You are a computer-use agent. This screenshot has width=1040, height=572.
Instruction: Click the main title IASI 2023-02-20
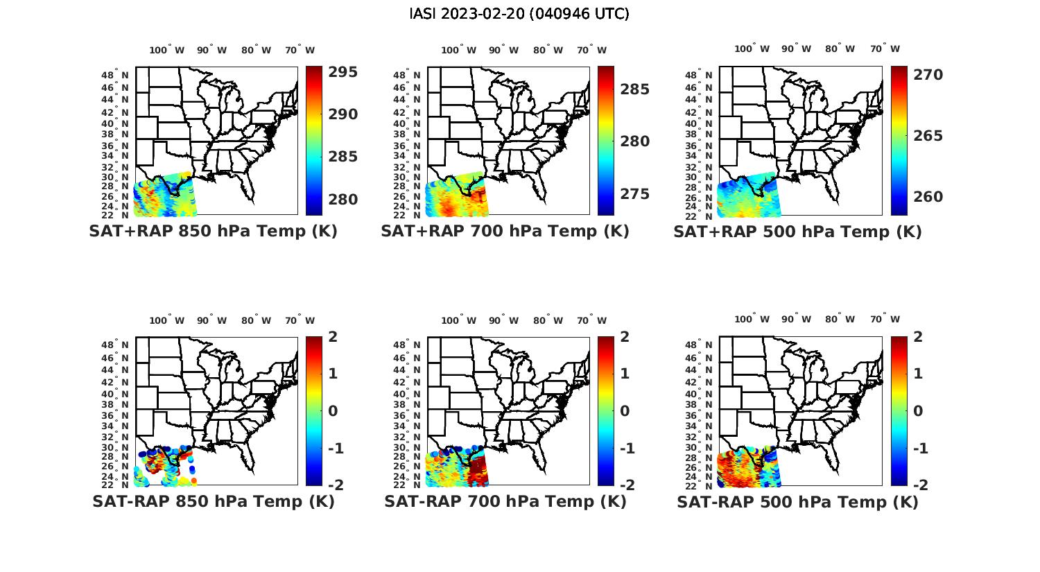pyautogui.click(x=519, y=14)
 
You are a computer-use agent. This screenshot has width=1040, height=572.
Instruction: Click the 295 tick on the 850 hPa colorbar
pyautogui.click(x=343, y=72)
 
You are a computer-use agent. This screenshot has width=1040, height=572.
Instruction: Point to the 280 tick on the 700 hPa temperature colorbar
pyautogui.click(x=634, y=141)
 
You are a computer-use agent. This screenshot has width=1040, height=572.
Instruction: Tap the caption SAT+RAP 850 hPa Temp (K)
pyautogui.click(x=213, y=232)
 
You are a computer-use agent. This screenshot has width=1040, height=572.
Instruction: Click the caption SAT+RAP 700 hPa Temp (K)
pyautogui.click(x=505, y=232)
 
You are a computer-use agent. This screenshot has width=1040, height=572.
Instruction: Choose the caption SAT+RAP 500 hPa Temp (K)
pyautogui.click(x=797, y=232)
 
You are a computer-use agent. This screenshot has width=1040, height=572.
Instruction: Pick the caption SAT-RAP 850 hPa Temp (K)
pyautogui.click(x=213, y=501)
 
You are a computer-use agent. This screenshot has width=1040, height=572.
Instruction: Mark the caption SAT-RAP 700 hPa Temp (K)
pyautogui.click(x=505, y=501)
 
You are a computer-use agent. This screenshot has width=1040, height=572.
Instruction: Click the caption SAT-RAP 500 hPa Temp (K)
pyautogui.click(x=797, y=502)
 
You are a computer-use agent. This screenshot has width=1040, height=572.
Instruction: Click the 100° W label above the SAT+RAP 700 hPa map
pyautogui.click(x=458, y=50)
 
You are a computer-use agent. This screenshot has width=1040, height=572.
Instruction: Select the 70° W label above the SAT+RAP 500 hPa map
pyautogui.click(x=885, y=49)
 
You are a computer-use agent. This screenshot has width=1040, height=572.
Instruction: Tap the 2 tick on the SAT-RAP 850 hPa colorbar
pyautogui.click(x=333, y=337)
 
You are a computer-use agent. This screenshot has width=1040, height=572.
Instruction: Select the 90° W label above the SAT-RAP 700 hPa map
pyautogui.click(x=503, y=320)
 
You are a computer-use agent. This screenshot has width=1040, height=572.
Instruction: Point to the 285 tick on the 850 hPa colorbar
pyautogui.click(x=343, y=157)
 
